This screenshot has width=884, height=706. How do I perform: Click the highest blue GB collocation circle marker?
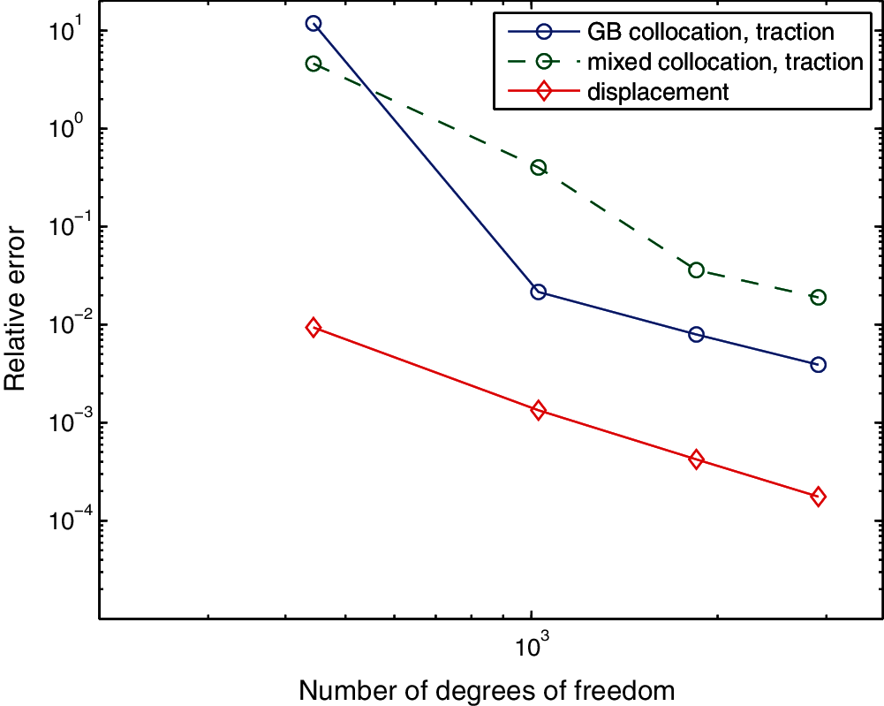(x=313, y=23)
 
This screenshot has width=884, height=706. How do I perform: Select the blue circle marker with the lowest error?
(x=818, y=364)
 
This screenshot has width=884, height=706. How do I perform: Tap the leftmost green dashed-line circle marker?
(x=313, y=64)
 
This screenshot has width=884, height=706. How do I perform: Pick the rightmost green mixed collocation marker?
(x=818, y=297)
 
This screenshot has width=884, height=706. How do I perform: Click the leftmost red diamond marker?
(x=313, y=328)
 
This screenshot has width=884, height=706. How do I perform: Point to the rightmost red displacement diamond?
(x=818, y=497)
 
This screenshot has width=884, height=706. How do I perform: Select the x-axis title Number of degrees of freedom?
(x=488, y=689)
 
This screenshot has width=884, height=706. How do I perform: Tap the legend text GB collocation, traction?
(x=711, y=33)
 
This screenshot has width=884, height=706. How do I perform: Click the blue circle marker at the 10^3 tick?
(x=538, y=292)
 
